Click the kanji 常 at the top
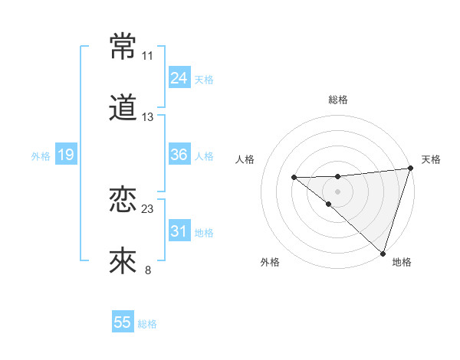(123, 47)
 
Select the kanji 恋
(123, 200)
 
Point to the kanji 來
(123, 261)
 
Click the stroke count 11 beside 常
(148, 56)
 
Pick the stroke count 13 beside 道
(148, 118)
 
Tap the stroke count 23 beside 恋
(148, 208)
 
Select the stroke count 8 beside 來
(148, 270)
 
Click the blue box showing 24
(179, 78)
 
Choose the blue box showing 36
(179, 155)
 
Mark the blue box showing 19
(65, 155)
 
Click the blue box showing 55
(123, 322)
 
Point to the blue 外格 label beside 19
(41, 156)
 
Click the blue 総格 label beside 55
(147, 324)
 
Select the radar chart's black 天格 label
(431, 159)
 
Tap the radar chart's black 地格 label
(402, 263)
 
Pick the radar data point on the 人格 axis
(294, 178)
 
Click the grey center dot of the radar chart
(337, 190)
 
